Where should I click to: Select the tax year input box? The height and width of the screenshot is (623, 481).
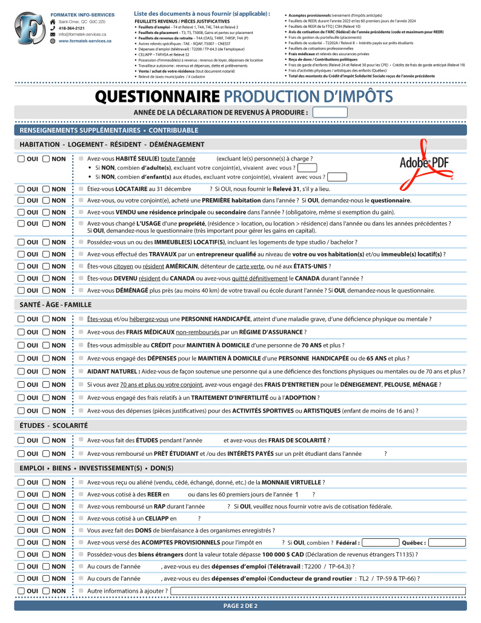pos(330,112)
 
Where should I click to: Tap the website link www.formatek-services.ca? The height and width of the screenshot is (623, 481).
pos(85,41)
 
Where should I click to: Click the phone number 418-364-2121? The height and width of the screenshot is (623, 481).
pos(71,28)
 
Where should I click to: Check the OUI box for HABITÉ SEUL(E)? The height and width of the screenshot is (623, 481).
pos(21,159)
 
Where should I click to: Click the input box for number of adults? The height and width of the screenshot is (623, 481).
pos(307,168)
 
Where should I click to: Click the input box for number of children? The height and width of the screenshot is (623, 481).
pos(337,177)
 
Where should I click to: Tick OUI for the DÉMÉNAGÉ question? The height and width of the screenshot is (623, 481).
pos(21,290)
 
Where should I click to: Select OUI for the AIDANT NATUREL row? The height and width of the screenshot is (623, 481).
pos(21,371)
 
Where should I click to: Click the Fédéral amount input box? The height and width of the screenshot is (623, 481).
pos(380,542)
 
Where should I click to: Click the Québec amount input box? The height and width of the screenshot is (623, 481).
pos(447,542)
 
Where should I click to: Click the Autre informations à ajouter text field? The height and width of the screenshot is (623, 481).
pos(317,591)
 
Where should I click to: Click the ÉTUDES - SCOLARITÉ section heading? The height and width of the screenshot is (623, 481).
pos(54,426)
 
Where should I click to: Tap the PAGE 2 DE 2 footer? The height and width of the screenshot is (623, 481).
pos(240,605)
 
